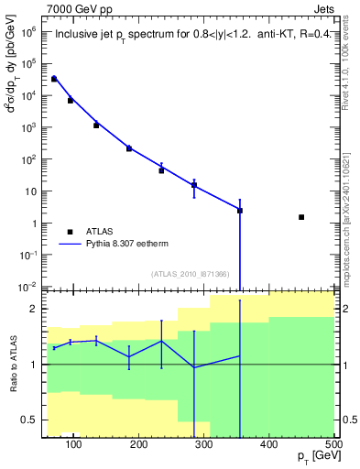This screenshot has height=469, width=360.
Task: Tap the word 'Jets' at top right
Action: [322, 8]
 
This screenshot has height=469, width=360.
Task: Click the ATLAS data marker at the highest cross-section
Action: [54, 79]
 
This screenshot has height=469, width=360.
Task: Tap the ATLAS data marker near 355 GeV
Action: [240, 211]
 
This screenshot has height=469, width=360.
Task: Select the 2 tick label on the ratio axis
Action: [34, 310]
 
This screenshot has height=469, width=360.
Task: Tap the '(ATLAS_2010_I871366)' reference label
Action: [191, 274]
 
